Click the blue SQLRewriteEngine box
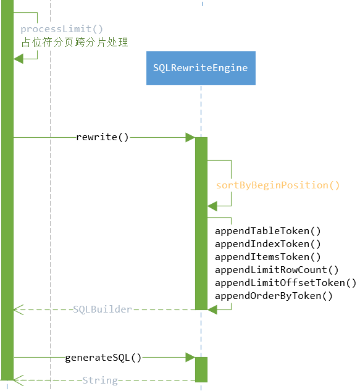pos(201,68)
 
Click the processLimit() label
pos(62,29)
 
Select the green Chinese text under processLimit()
pos(75,42)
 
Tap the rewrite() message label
pos(103,137)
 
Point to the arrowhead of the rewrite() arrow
pos(191,137)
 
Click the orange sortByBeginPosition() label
pos(277,185)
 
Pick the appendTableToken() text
pos(268,231)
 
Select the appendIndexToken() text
pos(268,244)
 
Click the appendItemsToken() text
pos(268,257)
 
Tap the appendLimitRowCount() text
pos(277,270)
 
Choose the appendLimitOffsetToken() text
pos(285,283)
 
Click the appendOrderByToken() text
pos(274,296)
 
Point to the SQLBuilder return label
pos(103,309)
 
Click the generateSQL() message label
pos(103,357)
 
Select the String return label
pos(100,380)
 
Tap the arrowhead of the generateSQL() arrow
pos(191,357)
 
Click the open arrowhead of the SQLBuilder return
pos(18,309)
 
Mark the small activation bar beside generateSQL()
pos(201,369)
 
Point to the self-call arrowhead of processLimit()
pos(19,58)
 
